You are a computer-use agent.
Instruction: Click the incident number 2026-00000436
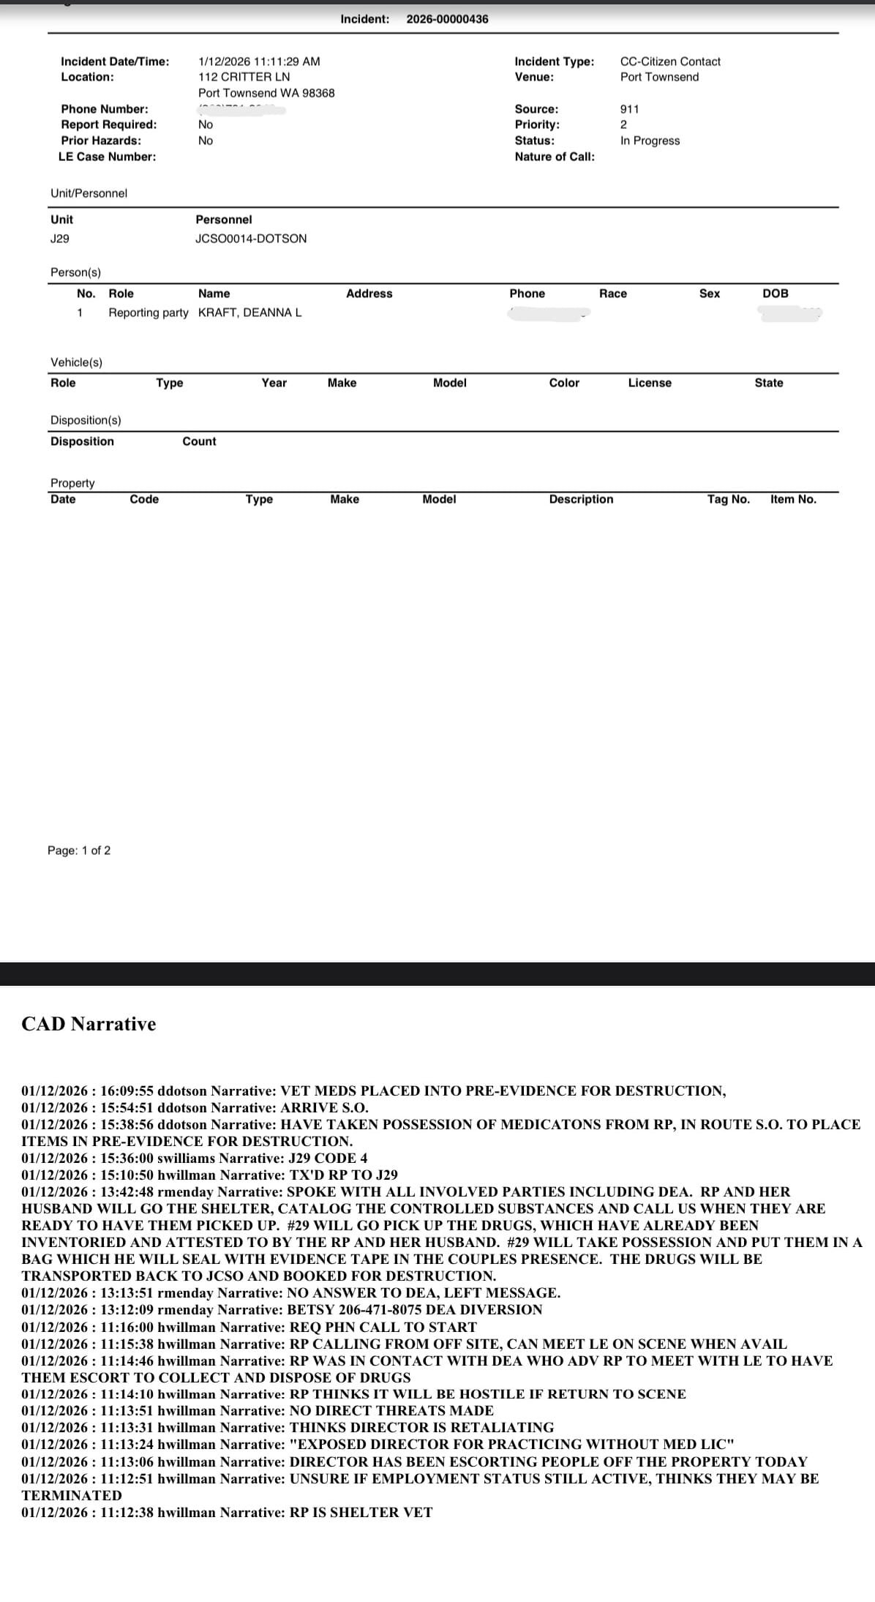point(447,19)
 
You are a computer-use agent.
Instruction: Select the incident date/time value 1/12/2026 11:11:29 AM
point(259,61)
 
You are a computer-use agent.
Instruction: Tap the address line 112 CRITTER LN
point(244,77)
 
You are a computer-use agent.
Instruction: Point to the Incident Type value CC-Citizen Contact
point(670,61)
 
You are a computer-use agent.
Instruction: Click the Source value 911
point(629,109)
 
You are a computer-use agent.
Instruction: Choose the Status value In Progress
point(650,141)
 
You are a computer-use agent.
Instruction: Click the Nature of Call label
point(554,157)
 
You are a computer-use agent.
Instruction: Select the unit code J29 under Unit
point(60,239)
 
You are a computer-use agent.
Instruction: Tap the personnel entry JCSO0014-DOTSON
point(251,239)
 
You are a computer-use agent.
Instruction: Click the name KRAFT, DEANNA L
point(249,312)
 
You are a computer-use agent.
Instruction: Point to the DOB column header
point(776,293)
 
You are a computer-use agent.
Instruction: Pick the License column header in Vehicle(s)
point(650,383)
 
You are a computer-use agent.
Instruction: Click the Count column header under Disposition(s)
point(199,441)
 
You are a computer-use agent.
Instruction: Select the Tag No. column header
point(728,499)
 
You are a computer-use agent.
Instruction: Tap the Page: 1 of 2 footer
point(79,850)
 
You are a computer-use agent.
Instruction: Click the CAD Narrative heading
point(89,1024)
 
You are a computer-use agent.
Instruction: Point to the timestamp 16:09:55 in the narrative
point(127,1091)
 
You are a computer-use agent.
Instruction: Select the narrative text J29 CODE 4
point(328,1159)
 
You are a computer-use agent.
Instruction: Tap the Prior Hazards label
point(101,141)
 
